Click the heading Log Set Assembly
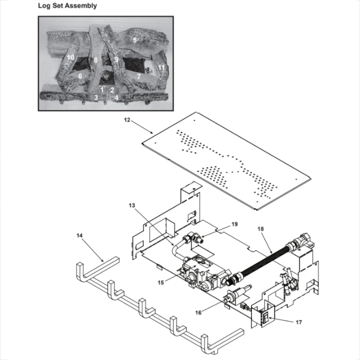click(67, 6)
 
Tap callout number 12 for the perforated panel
click(127, 121)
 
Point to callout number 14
click(80, 235)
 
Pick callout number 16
click(198, 312)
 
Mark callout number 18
click(261, 229)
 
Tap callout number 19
click(234, 224)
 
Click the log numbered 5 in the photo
click(135, 40)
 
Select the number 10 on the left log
click(70, 58)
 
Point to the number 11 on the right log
click(161, 67)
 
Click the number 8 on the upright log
click(96, 60)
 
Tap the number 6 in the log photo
click(80, 76)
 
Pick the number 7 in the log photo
click(139, 76)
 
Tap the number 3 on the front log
click(96, 97)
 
